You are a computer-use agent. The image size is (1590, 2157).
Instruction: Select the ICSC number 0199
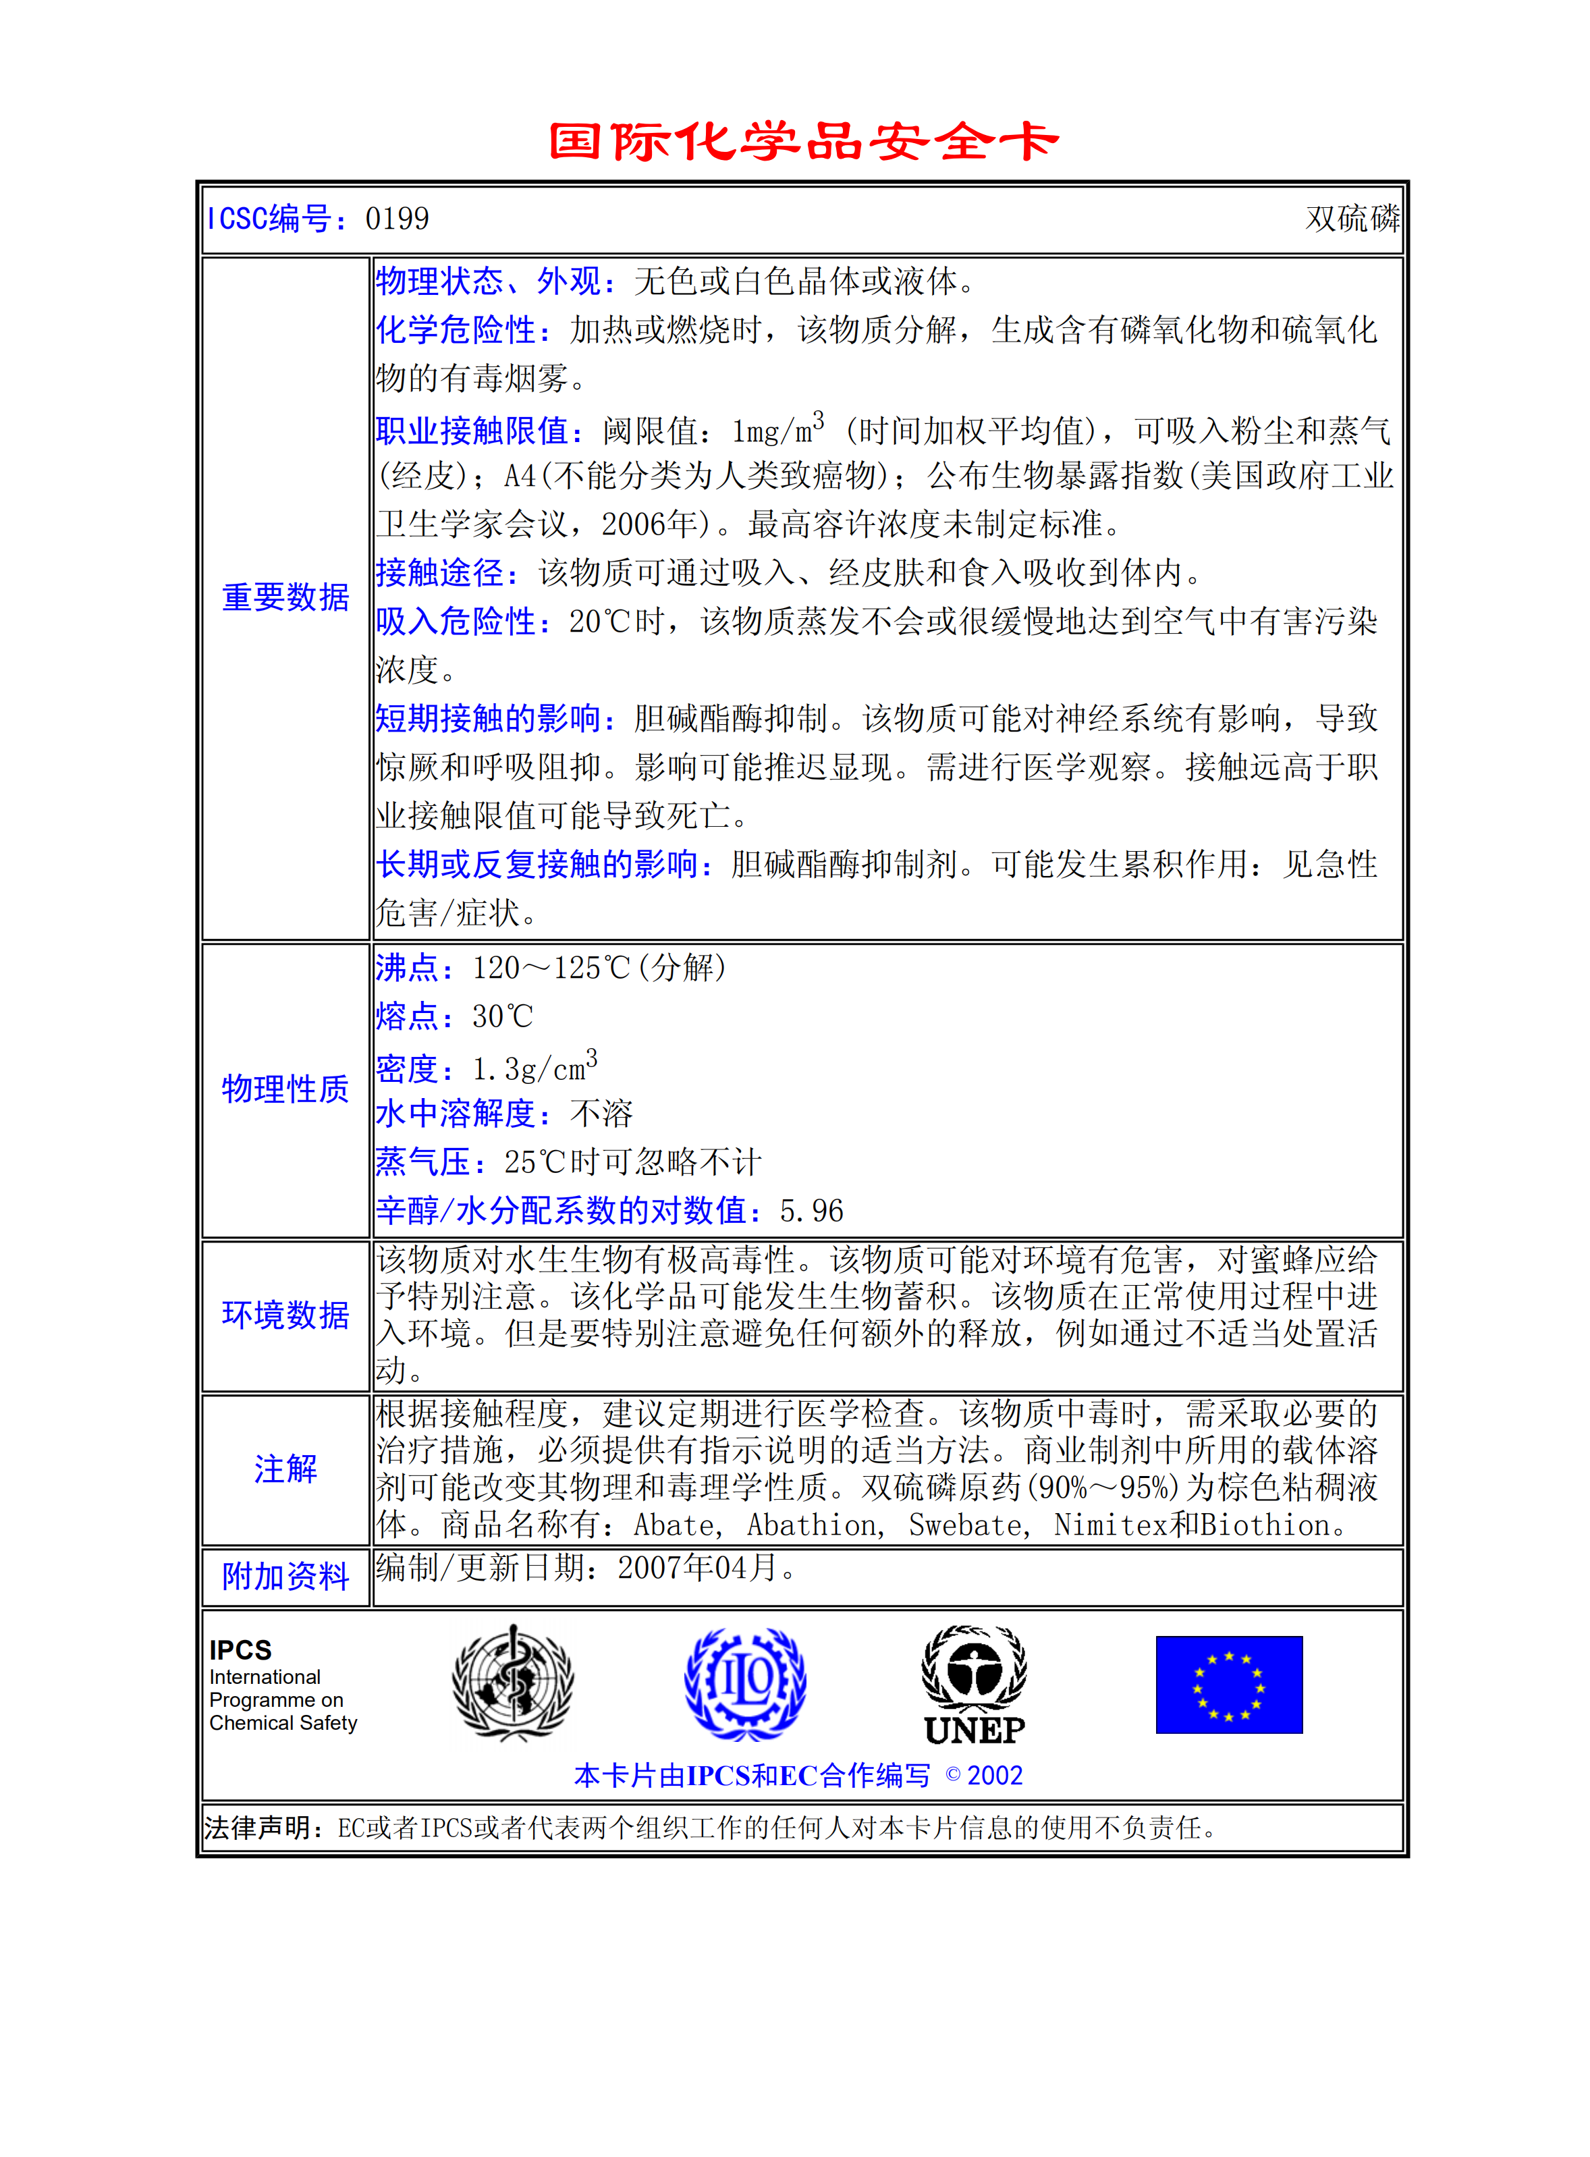click(x=397, y=219)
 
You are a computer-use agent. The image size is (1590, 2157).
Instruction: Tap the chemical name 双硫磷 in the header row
click(x=1351, y=219)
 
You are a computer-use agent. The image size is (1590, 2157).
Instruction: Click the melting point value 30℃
click(x=502, y=1017)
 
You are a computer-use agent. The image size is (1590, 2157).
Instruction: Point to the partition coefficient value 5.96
click(x=811, y=1212)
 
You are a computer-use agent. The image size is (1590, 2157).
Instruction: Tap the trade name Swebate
click(x=965, y=1525)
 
